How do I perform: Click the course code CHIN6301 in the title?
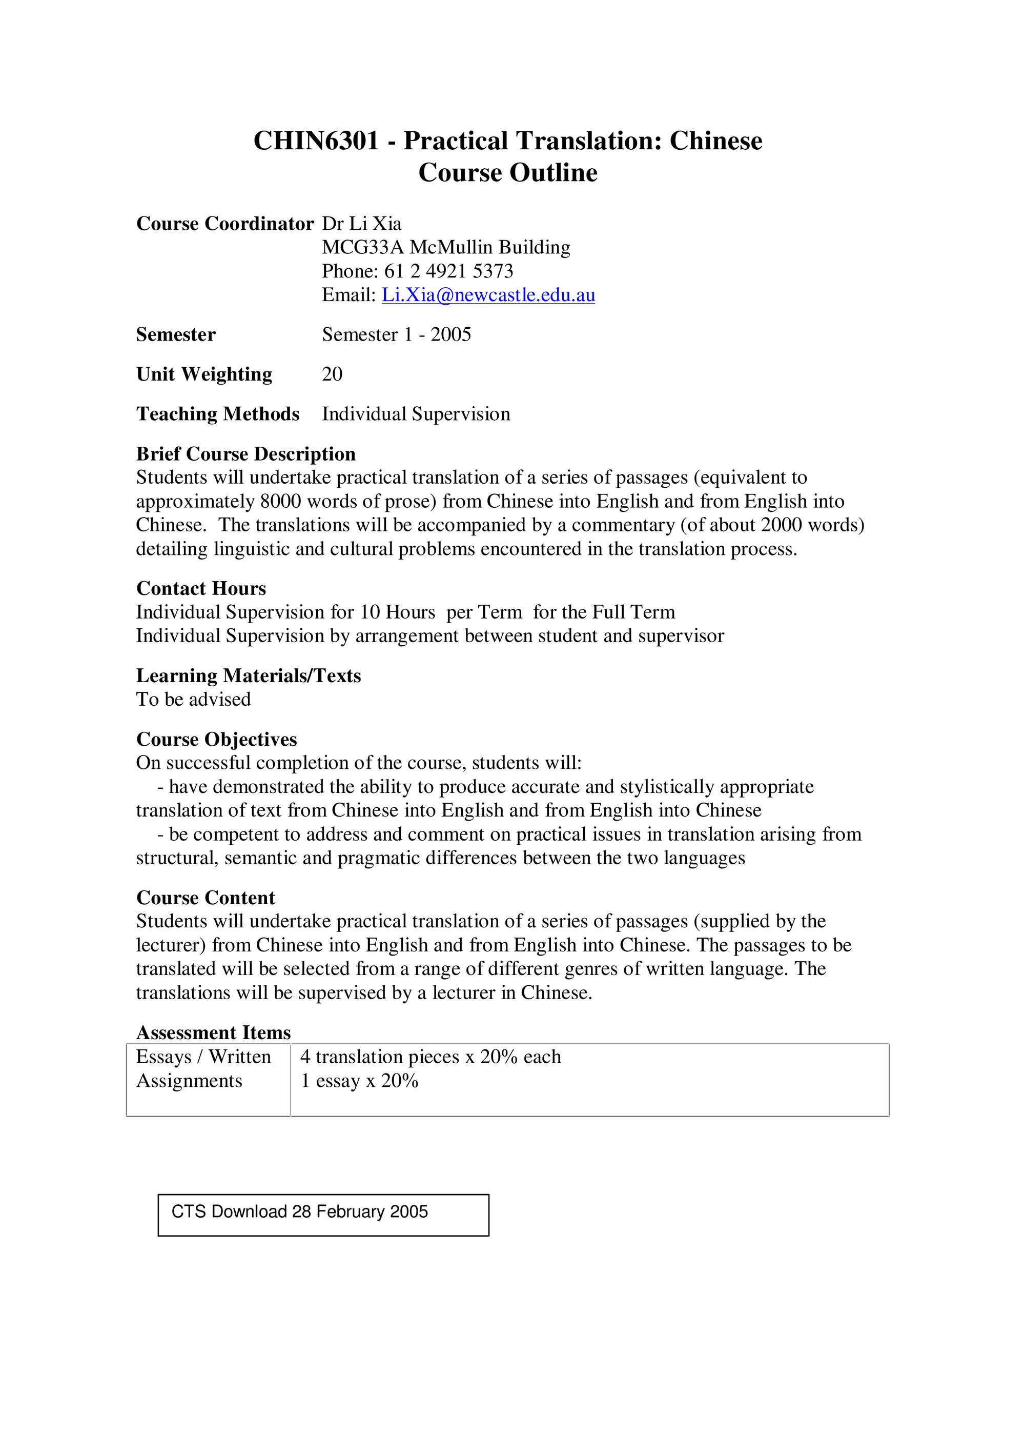click(316, 141)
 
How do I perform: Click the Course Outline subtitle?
click(508, 172)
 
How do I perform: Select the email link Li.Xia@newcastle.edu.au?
click(488, 295)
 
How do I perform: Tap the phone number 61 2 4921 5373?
click(448, 271)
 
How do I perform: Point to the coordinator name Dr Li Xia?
click(361, 224)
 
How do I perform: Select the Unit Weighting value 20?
click(332, 374)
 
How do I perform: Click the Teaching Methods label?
click(218, 414)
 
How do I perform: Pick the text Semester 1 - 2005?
click(397, 334)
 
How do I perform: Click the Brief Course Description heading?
click(245, 454)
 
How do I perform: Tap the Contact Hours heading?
click(201, 588)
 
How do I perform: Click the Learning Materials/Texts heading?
click(248, 675)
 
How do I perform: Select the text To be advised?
click(193, 700)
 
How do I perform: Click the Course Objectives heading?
click(217, 740)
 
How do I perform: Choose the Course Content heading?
click(205, 898)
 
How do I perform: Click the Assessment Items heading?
click(214, 1032)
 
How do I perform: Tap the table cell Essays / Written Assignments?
click(203, 1069)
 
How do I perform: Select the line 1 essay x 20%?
click(359, 1081)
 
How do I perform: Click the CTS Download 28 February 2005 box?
click(323, 1215)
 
